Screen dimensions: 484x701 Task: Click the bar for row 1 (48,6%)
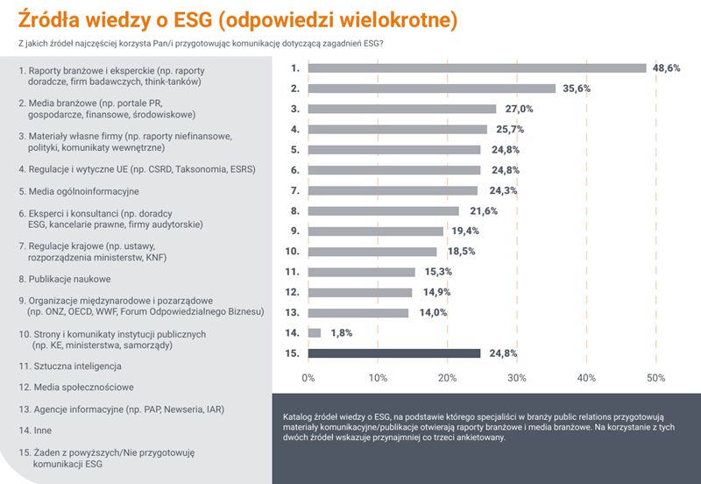pyautogui.click(x=477, y=68)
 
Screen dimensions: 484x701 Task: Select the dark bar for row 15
pyautogui.click(x=394, y=353)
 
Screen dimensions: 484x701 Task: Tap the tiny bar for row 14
pyautogui.click(x=315, y=333)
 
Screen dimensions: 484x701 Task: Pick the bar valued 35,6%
pyautogui.click(x=431, y=88)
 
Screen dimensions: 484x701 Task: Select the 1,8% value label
pyautogui.click(x=341, y=333)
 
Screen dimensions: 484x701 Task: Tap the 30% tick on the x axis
pyautogui.click(x=517, y=378)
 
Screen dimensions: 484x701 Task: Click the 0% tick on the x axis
pyautogui.click(x=308, y=378)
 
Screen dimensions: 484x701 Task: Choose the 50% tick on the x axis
pyautogui.click(x=655, y=378)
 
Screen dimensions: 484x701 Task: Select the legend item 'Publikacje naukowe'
pyautogui.click(x=65, y=279)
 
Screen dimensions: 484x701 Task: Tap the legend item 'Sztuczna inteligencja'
pyautogui.click(x=70, y=365)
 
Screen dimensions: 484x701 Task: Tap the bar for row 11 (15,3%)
pyautogui.click(x=361, y=272)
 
